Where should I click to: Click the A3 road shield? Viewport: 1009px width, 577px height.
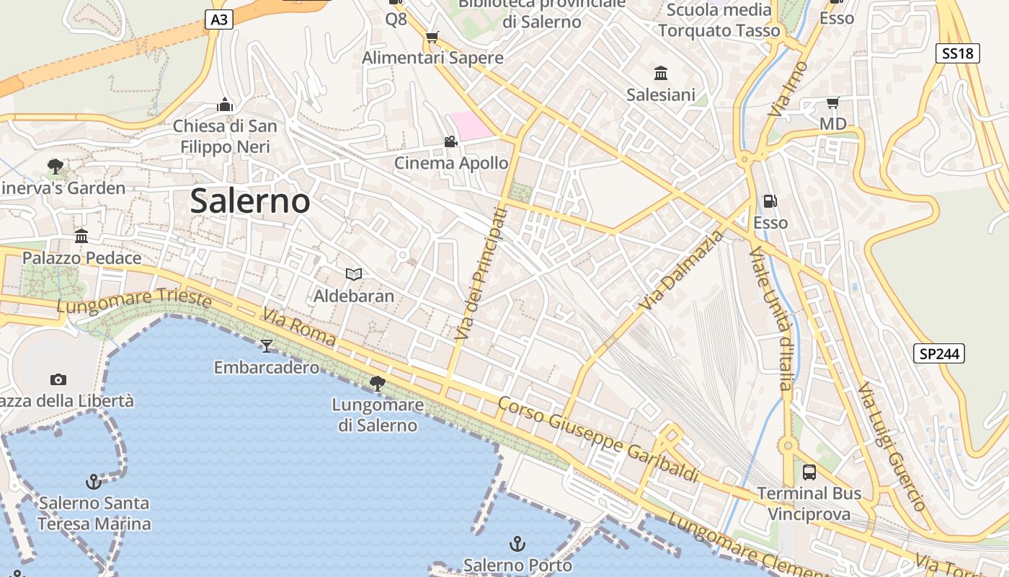[219, 19]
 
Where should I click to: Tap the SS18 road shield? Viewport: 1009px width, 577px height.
[958, 53]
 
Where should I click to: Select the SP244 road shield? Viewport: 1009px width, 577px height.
[939, 353]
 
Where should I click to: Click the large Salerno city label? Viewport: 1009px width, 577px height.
[250, 201]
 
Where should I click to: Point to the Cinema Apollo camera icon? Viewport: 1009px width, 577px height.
[450, 142]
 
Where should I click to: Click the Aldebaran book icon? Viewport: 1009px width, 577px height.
[353, 274]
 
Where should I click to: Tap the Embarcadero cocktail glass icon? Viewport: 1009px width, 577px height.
[267, 346]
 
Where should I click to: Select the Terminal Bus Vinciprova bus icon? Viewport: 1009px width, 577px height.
[809, 472]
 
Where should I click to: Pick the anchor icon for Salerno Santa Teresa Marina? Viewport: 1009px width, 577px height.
[94, 481]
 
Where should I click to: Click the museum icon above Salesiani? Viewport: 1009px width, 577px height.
[661, 73]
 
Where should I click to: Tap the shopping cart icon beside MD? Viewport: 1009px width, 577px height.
[832, 103]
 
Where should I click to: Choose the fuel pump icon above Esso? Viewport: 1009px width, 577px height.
[770, 201]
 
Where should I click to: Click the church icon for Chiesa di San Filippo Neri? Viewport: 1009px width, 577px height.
[225, 105]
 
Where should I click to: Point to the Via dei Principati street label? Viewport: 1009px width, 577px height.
[482, 274]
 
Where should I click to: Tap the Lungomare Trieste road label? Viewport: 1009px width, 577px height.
[134, 301]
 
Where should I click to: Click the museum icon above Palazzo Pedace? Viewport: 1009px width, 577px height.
[81, 236]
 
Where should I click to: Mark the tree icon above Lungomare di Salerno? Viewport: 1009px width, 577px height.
[377, 383]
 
